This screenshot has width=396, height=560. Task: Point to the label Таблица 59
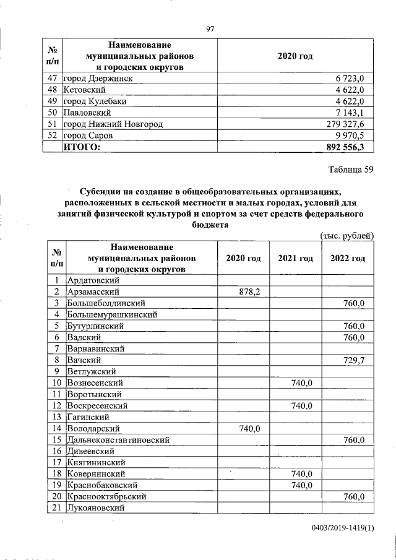(350, 171)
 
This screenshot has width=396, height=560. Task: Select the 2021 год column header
(295, 258)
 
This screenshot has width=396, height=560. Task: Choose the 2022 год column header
(347, 258)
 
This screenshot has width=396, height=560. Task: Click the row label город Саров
(90, 136)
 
